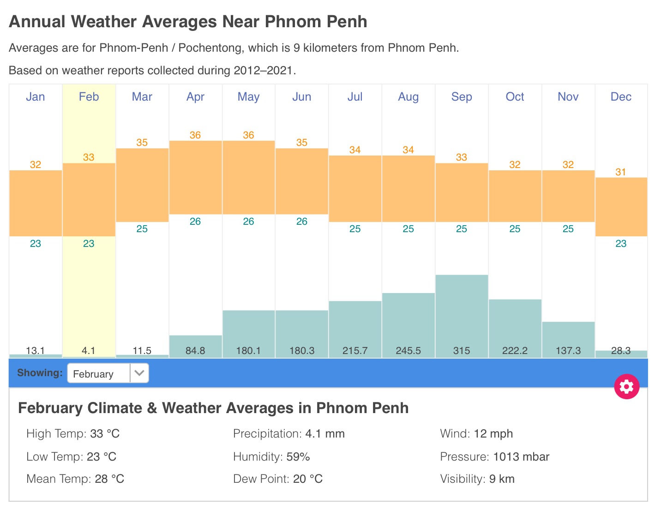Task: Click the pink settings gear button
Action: [626, 386]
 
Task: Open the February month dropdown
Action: [108, 373]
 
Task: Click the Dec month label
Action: [621, 97]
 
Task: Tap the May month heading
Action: [248, 97]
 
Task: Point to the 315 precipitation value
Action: [462, 351]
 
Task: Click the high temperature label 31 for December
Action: [621, 172]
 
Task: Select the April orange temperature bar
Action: [195, 178]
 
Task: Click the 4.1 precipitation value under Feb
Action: [89, 351]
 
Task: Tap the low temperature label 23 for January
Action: [36, 244]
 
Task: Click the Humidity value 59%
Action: [298, 457]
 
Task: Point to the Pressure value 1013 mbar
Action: [521, 457]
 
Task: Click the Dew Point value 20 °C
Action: [308, 479]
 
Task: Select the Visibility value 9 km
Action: [502, 479]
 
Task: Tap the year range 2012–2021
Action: [263, 71]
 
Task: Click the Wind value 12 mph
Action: [493, 434]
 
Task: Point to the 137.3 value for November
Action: [568, 351]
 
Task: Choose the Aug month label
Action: [408, 97]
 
